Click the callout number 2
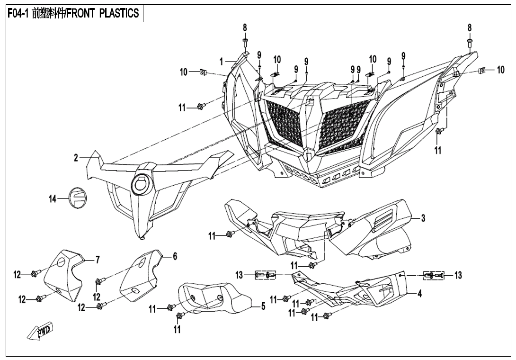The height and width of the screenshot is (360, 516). [76, 158]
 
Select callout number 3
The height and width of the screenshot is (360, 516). [423, 218]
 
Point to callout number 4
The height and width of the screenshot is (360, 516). [419, 293]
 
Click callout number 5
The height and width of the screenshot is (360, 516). [264, 306]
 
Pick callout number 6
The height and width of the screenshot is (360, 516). [175, 256]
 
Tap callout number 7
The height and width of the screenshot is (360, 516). [98, 259]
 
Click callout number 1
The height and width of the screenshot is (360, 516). [221, 61]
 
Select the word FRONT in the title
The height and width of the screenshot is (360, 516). [82, 13]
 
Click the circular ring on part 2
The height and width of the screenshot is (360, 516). [141, 183]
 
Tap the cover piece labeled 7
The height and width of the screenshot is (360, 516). [64, 277]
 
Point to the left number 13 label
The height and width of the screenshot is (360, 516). [239, 275]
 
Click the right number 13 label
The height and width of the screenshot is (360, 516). [458, 275]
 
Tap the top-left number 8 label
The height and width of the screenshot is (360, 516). [245, 27]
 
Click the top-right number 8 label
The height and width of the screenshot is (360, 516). [470, 27]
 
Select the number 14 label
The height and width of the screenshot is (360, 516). [53, 199]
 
